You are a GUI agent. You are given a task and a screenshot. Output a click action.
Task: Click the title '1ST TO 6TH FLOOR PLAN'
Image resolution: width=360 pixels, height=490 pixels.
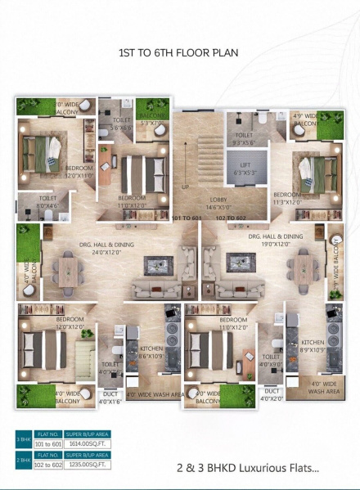[179, 55]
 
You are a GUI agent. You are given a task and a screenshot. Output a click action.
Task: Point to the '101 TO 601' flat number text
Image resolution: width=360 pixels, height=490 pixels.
[186, 219]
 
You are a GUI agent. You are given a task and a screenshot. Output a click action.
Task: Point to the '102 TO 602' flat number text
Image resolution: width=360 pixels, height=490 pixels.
[230, 219]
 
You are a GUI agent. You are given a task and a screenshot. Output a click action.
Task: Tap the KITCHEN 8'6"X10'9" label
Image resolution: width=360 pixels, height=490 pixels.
[152, 353]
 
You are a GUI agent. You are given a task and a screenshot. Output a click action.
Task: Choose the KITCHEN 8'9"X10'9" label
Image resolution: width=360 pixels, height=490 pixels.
[313, 346]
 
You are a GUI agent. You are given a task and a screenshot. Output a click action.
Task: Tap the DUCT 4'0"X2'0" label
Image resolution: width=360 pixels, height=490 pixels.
[271, 397]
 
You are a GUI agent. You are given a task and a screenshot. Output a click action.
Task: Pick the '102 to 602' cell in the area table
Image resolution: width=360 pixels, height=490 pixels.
[48, 465]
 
